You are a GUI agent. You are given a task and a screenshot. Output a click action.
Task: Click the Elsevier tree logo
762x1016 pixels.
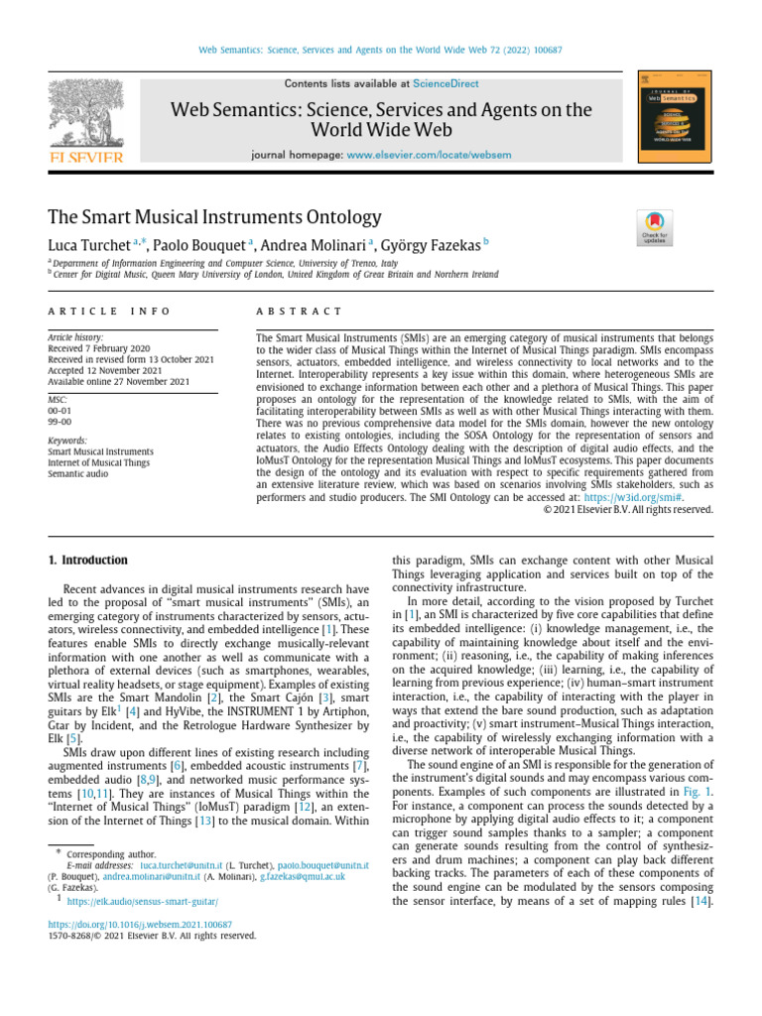pos(86,118)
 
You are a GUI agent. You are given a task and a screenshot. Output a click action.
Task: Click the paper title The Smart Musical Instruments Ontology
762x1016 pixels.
pos(214,216)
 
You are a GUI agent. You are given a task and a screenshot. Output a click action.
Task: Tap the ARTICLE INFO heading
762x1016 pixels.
pos(96,311)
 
